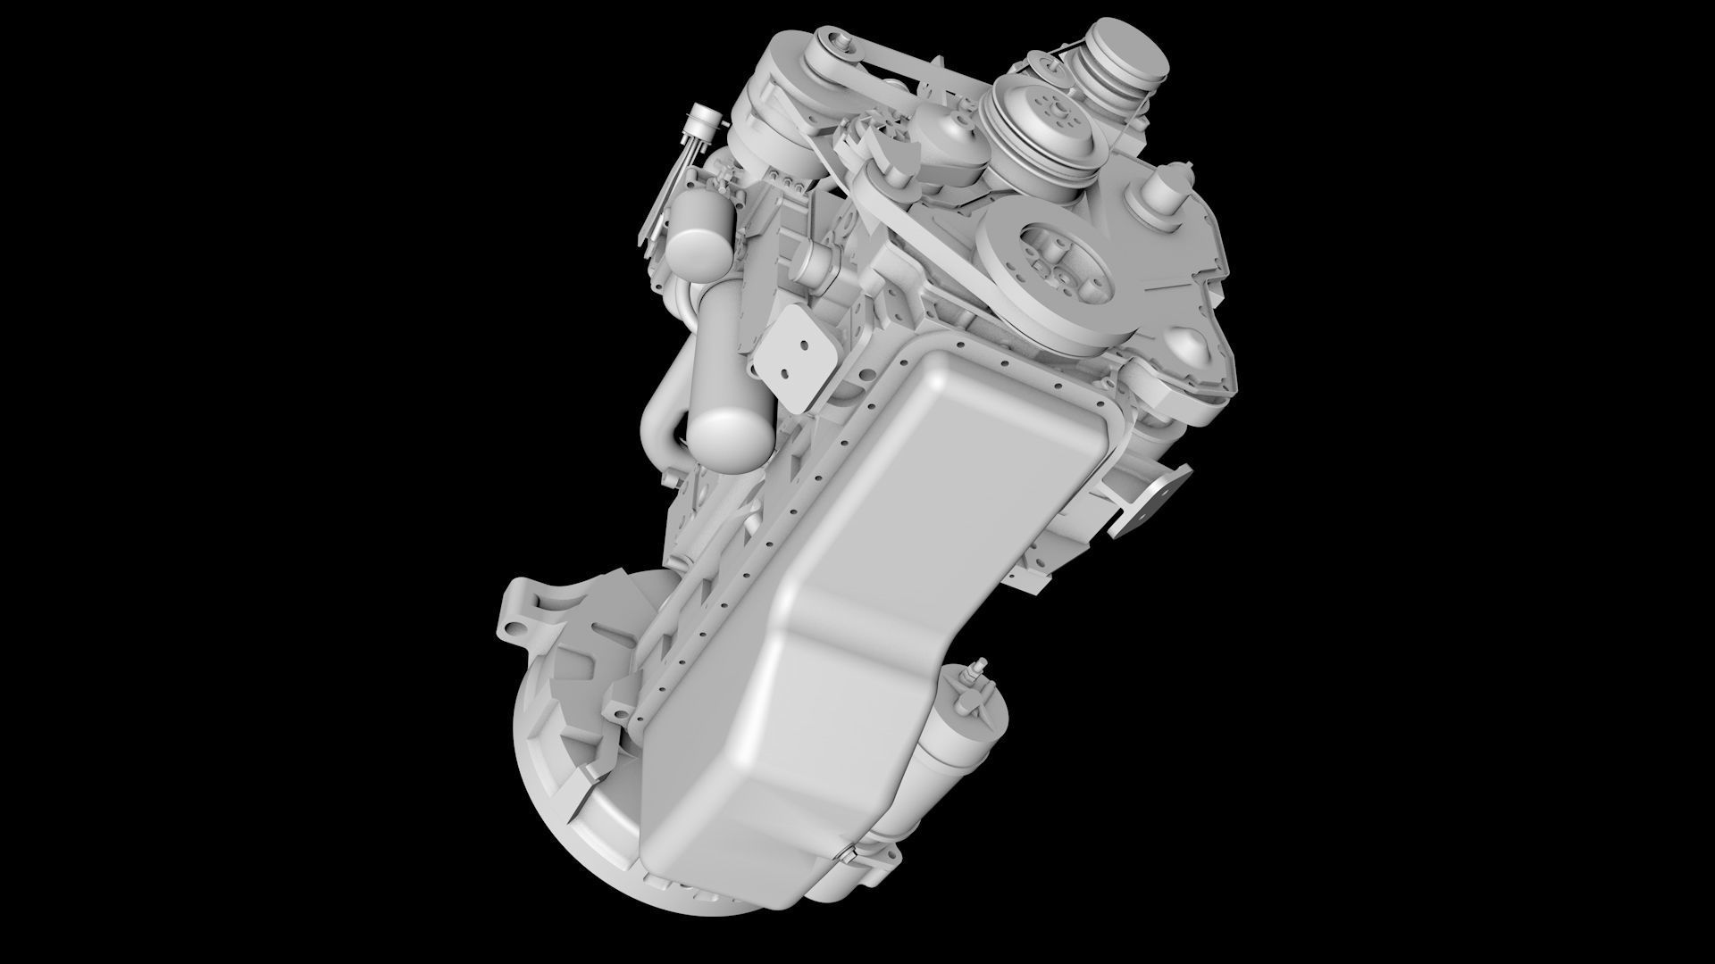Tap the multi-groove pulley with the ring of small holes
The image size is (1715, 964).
point(1045,125)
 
